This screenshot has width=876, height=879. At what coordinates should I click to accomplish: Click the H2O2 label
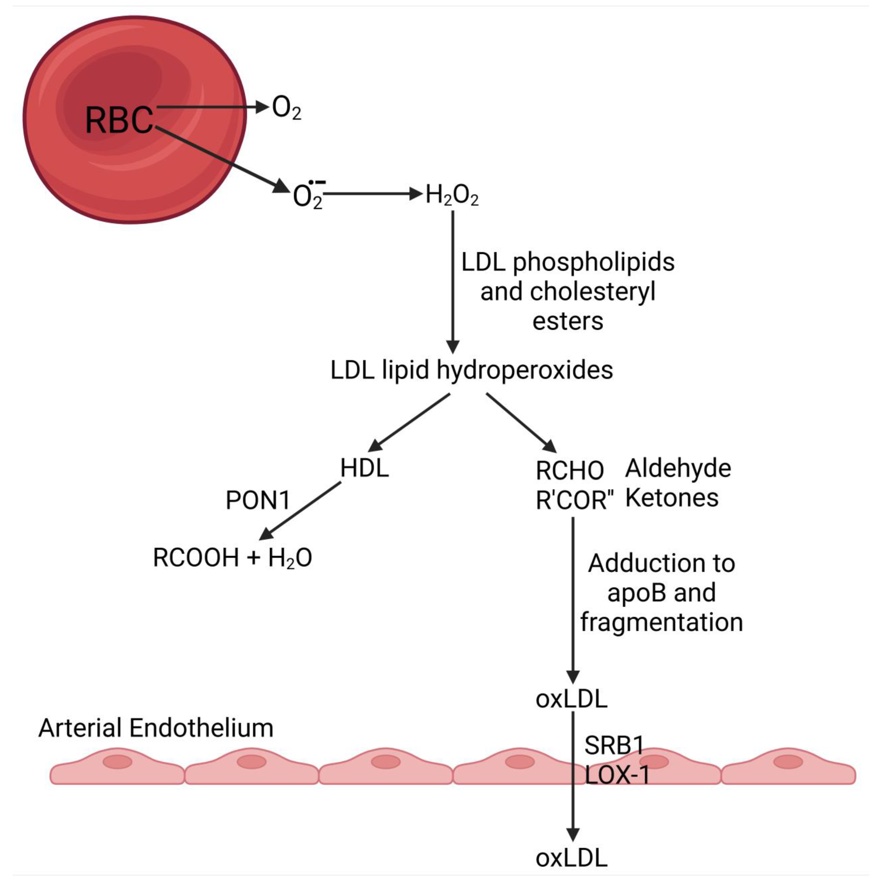(x=452, y=196)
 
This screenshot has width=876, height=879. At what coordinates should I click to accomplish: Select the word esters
(x=568, y=321)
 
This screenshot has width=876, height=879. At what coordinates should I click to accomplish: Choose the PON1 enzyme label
(x=258, y=501)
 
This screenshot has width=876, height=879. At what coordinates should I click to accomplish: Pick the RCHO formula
(x=570, y=470)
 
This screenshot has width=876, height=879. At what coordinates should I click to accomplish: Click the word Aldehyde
(x=678, y=468)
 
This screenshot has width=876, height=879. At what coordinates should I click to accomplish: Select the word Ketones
(x=672, y=498)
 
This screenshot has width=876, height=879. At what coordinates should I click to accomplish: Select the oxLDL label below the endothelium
(x=571, y=858)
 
